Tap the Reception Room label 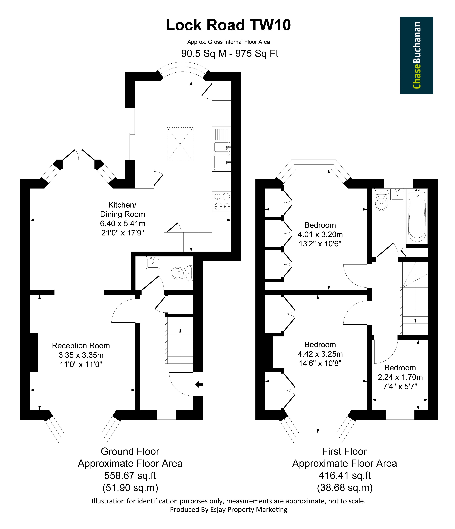click(x=81, y=346)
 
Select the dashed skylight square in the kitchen click(x=180, y=144)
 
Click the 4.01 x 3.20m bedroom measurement click(x=320, y=234)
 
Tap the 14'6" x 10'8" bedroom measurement click(x=320, y=363)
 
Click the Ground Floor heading click(x=130, y=451)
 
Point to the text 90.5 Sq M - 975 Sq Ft click(x=230, y=54)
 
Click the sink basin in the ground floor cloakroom click(x=153, y=262)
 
